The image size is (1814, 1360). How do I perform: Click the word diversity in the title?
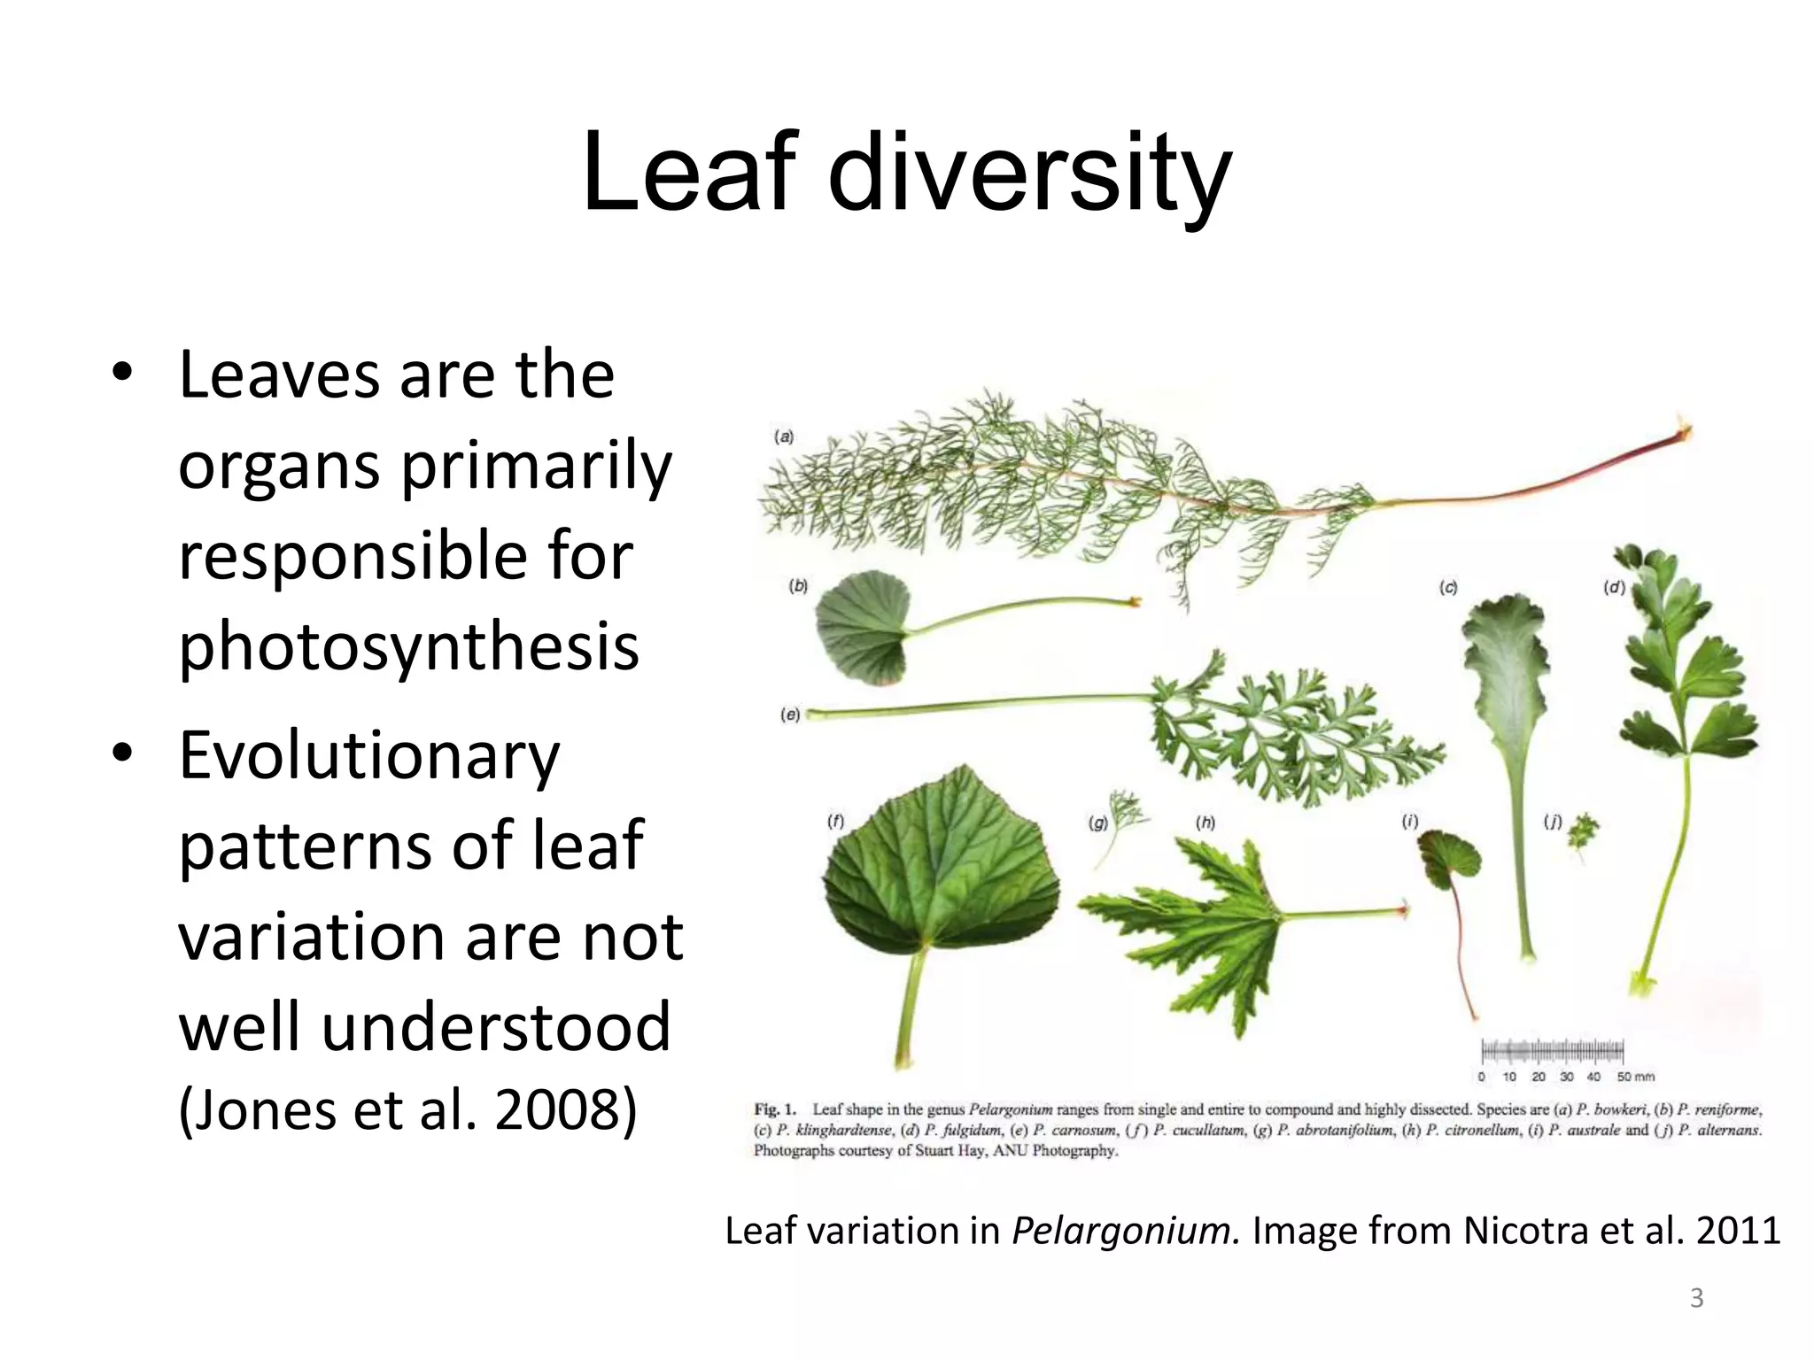(1029, 173)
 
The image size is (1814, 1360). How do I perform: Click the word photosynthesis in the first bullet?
(408, 646)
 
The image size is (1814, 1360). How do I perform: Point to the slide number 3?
(1696, 1298)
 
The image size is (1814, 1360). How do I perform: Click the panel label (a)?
(784, 437)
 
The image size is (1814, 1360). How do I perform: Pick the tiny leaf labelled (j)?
(1583, 831)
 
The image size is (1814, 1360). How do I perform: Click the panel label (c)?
(1448, 587)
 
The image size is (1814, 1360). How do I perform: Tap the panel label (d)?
(1614, 587)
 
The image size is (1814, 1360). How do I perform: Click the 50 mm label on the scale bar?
(1635, 1077)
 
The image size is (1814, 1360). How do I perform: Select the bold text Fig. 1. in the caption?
(775, 1109)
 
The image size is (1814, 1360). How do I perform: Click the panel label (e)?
(790, 714)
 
